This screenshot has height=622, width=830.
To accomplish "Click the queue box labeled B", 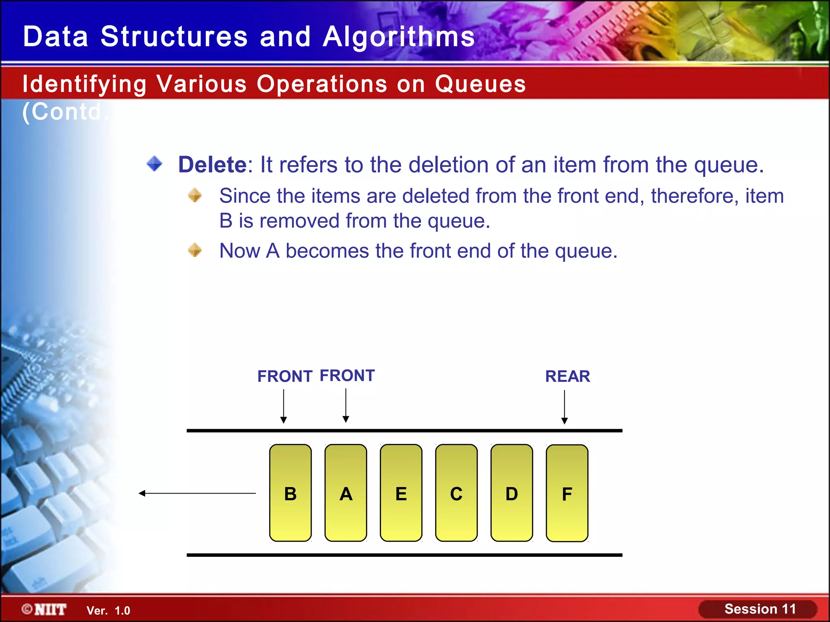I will pos(290,493).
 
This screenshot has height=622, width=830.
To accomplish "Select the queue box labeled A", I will pos(346,493).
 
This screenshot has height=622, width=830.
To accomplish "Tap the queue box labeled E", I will pos(401,493).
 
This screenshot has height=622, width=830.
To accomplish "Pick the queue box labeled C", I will pos(456,493).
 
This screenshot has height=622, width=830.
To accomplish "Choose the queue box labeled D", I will pos(511,493).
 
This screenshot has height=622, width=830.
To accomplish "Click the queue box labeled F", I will pos(567,493).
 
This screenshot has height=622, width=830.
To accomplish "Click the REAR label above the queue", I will pos(567,376).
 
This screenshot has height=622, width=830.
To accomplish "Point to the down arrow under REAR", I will pos(564,407).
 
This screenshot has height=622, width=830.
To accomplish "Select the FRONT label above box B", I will pos(285,376).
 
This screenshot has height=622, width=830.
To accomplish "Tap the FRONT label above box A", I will pos(347,375).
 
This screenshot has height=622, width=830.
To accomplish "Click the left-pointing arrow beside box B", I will pos(197,493).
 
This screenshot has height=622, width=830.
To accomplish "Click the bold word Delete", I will pos(212,165).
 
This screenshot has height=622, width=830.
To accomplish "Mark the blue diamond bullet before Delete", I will pos(154,164).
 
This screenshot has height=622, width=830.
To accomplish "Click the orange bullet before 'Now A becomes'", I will pos(195,250).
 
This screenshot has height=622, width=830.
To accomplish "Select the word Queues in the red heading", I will pos(480,84).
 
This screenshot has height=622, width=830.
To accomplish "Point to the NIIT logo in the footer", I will pos(45,609).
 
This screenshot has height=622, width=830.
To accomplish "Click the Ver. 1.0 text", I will pos(108,611).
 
